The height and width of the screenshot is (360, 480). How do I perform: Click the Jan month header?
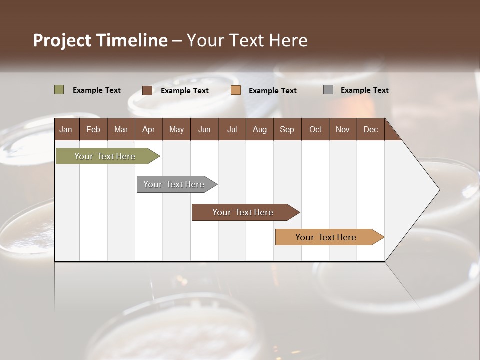tap(66, 130)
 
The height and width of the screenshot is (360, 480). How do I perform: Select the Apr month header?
tap(148, 130)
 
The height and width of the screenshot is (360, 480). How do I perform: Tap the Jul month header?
tap(232, 130)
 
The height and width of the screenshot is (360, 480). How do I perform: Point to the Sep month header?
tap(287, 130)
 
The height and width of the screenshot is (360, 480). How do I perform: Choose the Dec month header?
tap(370, 130)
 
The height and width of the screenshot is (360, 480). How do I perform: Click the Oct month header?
tap(315, 130)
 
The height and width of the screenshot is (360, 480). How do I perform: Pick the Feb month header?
tap(93, 130)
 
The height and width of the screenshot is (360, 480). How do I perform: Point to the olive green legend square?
tap(59, 90)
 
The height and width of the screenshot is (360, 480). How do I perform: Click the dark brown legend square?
tap(147, 90)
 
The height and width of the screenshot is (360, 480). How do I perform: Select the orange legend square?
tap(236, 90)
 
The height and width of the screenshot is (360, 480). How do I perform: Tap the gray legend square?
tap(328, 90)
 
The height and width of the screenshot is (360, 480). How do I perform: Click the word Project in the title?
tap(61, 40)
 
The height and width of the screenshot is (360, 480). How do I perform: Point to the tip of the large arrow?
tap(439, 190)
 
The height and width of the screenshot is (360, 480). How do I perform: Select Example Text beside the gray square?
tap(364, 90)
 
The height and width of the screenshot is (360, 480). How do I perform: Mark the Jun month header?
tap(204, 130)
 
